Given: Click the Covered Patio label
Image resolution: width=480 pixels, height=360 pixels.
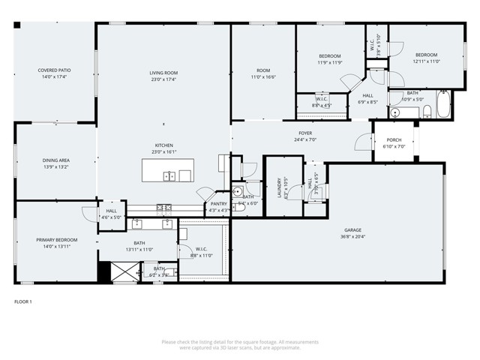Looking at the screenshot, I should tap(55, 70).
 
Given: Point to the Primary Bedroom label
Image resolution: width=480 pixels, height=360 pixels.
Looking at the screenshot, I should tap(56, 239).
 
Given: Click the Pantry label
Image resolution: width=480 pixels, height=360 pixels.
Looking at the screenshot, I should tap(218, 203).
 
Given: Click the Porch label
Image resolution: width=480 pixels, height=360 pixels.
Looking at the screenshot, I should tap(394, 139).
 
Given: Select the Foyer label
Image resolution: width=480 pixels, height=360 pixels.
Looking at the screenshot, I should tap(304, 133).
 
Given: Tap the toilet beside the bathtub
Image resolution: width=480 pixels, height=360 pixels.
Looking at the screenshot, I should tap(427, 112).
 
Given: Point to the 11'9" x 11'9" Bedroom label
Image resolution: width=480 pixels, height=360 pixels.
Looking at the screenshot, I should tap(329, 56).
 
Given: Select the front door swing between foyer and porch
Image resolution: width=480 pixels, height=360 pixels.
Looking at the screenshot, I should tap(364, 142).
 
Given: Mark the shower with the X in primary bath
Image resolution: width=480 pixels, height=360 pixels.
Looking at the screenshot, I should tap(121, 271).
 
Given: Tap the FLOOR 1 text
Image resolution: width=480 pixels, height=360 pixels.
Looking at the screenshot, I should tap(23, 301).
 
